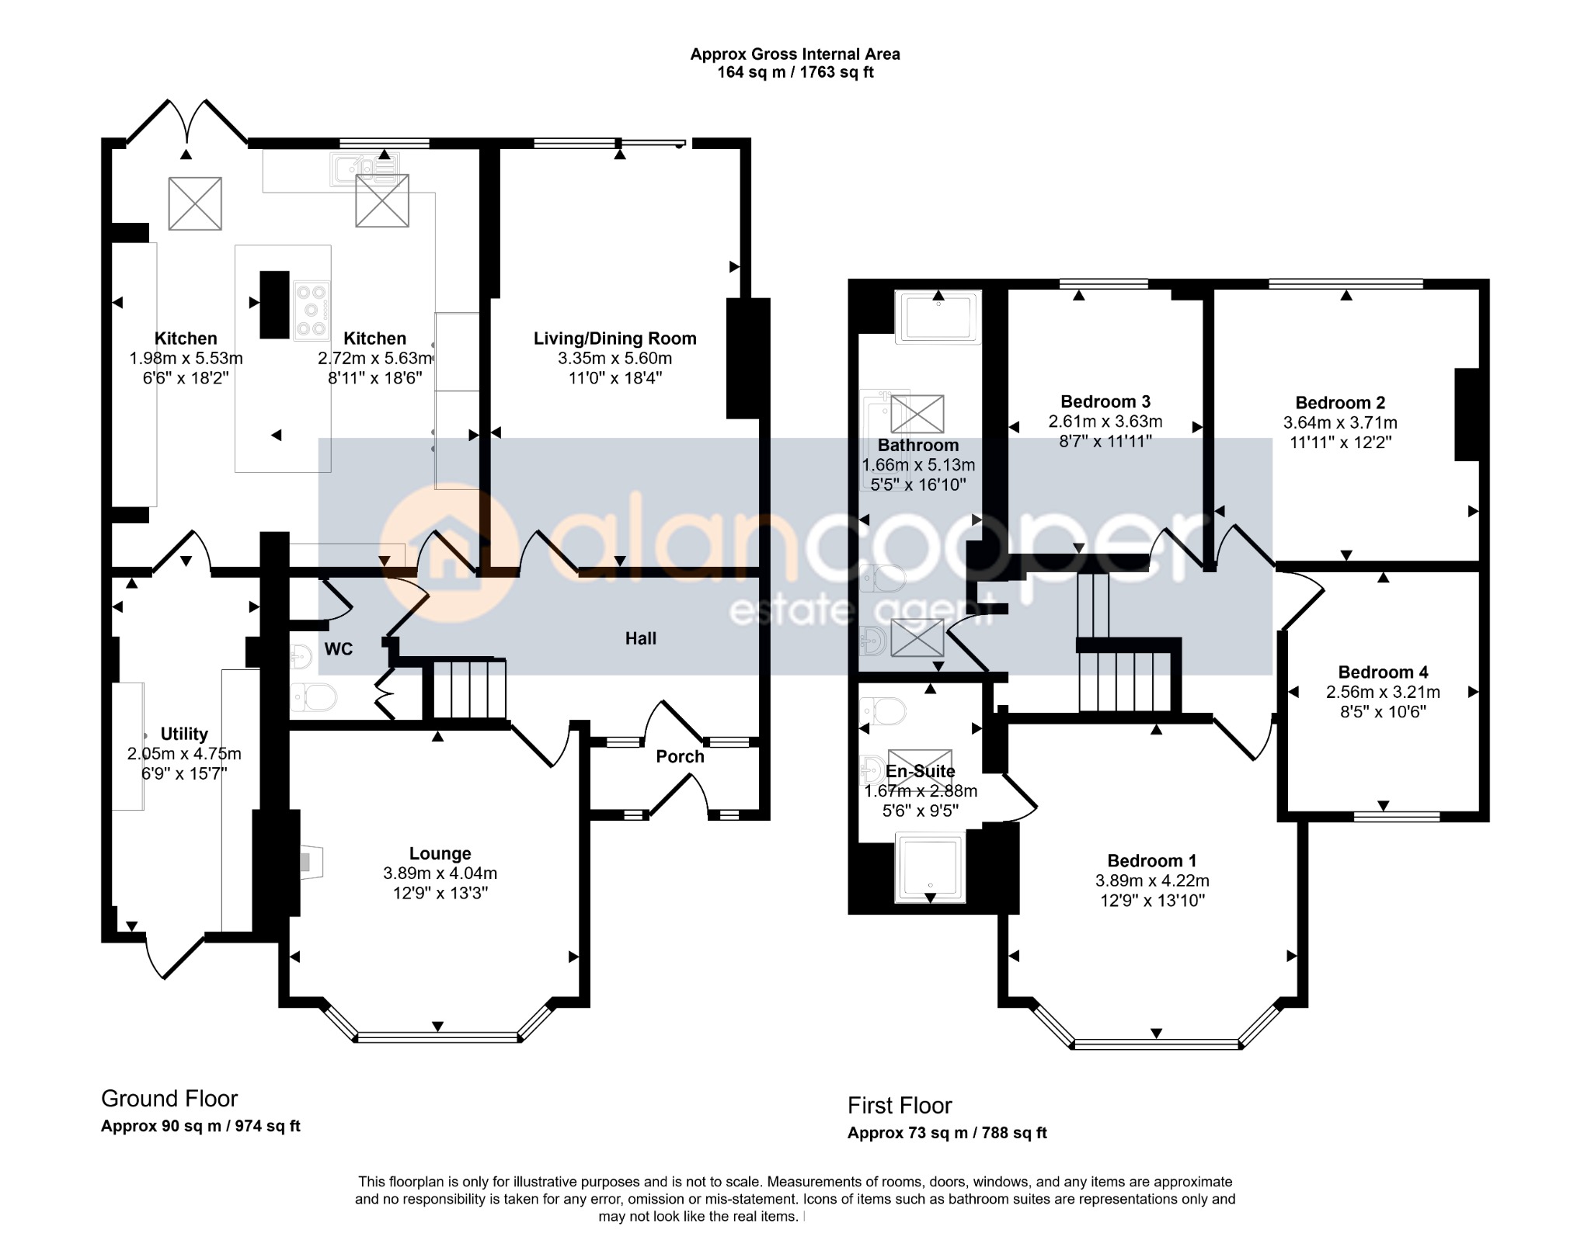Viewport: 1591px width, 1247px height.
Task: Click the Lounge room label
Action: [x=440, y=853]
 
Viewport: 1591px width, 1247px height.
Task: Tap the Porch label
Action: [x=680, y=756]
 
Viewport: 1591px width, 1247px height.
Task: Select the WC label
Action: [x=339, y=649]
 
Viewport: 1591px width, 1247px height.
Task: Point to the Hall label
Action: [x=641, y=638]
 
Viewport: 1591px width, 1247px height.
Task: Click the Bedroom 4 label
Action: [x=1383, y=672]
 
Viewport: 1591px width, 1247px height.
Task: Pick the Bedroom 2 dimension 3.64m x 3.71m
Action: [x=1340, y=423]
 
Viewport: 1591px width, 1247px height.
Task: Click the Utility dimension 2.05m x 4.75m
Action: [x=184, y=754]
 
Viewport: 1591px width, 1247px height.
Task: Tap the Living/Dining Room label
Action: [x=614, y=339]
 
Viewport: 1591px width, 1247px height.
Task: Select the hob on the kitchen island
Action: [x=312, y=311]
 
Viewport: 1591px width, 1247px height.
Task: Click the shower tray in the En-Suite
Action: [x=931, y=867]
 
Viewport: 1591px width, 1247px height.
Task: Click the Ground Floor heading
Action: [x=169, y=1099]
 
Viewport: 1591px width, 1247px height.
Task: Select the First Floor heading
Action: [x=900, y=1105]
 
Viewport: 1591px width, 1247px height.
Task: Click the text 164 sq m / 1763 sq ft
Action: [x=795, y=72]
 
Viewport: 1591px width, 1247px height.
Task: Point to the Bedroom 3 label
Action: [x=1105, y=401]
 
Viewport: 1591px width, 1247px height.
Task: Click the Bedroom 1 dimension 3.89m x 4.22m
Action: [x=1152, y=881]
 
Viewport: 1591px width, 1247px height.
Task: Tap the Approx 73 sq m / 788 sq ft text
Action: [x=947, y=1133]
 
